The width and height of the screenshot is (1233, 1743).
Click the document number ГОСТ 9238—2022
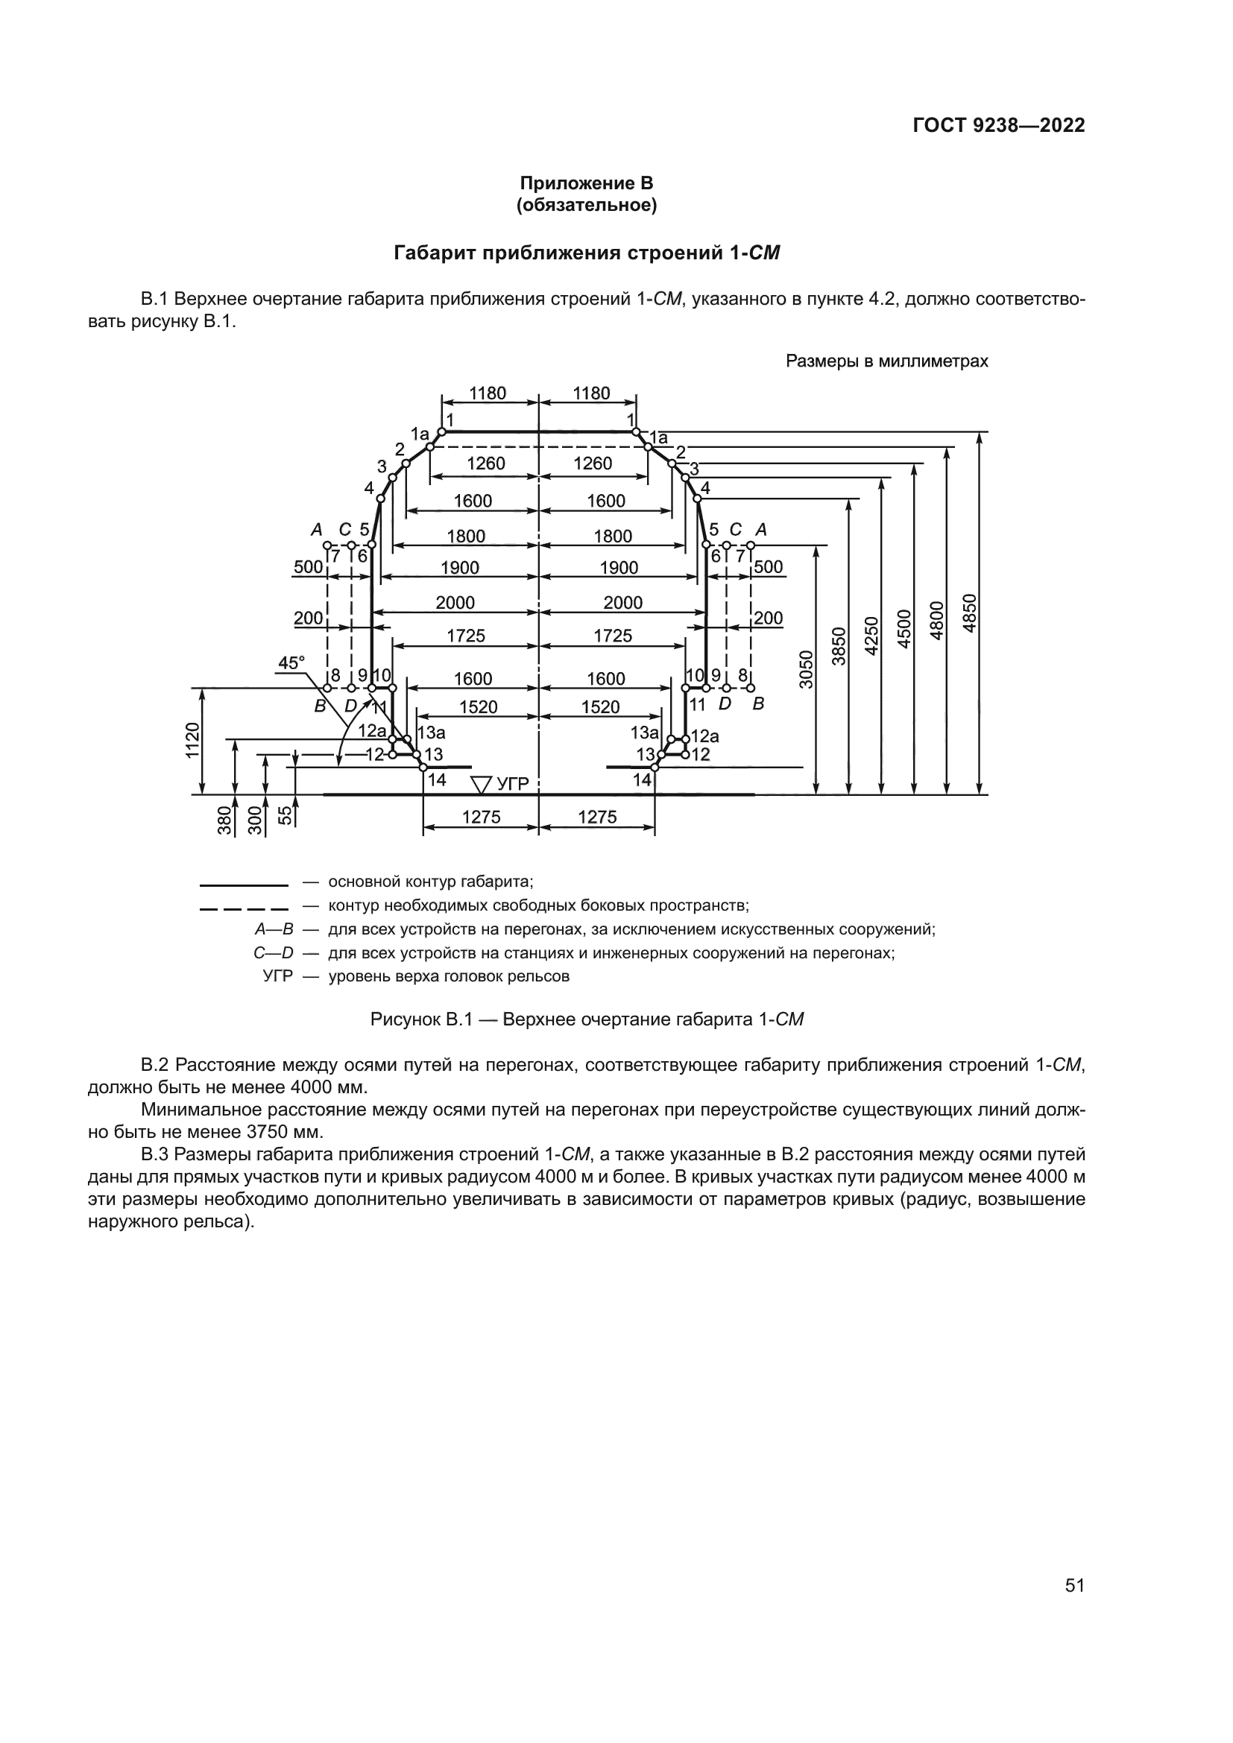[x=998, y=125]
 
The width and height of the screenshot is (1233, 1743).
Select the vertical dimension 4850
[x=969, y=613]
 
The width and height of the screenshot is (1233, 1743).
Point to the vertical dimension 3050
[x=807, y=668]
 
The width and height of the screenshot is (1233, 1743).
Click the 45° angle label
[x=291, y=662]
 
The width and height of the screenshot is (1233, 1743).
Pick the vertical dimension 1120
[x=193, y=740]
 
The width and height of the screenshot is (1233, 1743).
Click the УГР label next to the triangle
[x=512, y=783]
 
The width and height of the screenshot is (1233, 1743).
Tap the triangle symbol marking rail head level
[x=482, y=783]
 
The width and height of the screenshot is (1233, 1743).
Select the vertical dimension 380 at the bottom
[x=224, y=821]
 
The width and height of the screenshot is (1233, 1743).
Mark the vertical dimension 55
[x=284, y=815]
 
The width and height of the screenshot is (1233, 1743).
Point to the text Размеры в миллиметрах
[x=886, y=361]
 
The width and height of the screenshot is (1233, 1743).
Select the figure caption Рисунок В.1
[x=421, y=1019]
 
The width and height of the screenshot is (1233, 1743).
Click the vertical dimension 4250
[x=871, y=636]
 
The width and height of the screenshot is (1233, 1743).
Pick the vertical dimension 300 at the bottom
[x=254, y=821]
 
